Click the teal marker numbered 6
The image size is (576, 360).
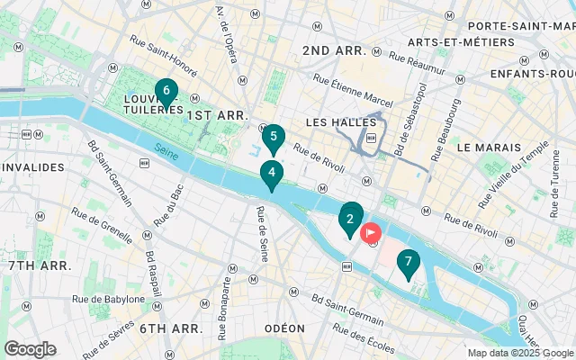click(166, 91)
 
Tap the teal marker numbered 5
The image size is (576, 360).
click(274, 137)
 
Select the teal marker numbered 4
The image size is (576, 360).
click(272, 172)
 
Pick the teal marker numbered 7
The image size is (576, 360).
click(409, 262)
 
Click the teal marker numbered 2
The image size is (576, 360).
click(350, 218)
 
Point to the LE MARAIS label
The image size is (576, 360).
click(489, 147)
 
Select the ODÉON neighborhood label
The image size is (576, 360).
click(284, 328)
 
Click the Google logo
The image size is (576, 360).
click(30, 349)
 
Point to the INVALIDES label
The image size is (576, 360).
click(33, 166)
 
